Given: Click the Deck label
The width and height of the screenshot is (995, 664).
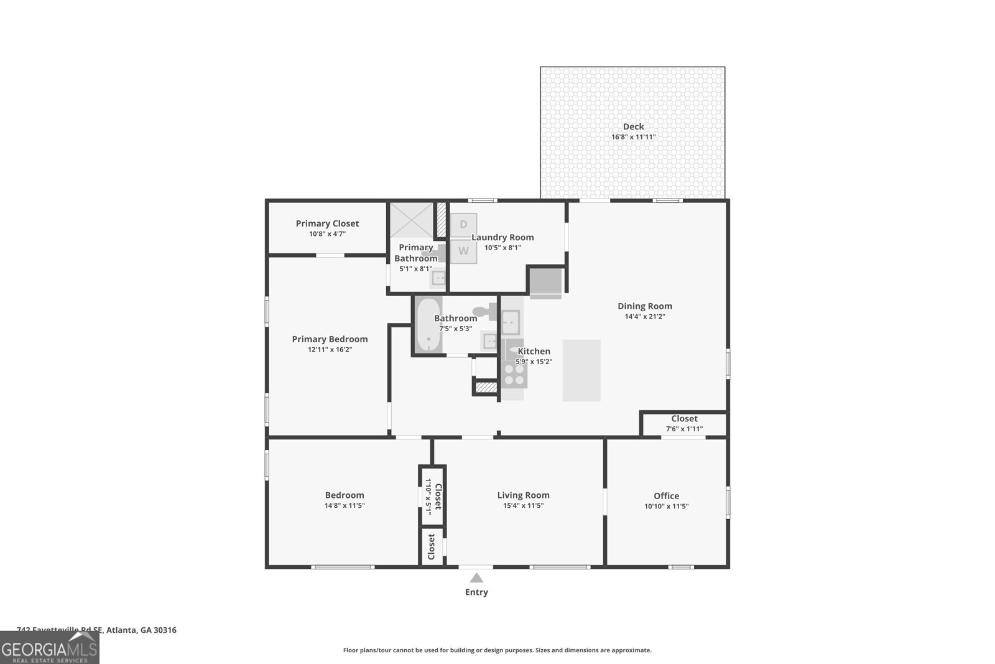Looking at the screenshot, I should coord(633,126).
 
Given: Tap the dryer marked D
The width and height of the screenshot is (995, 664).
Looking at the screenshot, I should coord(463,225).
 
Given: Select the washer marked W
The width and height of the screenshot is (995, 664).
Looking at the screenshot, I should coord(463,251).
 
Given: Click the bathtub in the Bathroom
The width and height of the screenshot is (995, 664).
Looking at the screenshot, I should coord(428,325).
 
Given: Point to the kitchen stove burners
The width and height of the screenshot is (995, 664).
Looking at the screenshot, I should coord(514,373).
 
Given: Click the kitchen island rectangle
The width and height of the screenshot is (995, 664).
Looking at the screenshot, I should coord(581,370).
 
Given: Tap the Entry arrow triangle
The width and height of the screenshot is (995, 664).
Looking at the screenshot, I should coord(476,578).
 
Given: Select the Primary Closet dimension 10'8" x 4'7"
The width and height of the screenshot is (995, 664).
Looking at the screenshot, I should coord(327,234).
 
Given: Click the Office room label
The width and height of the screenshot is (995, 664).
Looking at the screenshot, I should coord(666,495).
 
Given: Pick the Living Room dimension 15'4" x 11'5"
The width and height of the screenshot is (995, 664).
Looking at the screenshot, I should coord(523,506).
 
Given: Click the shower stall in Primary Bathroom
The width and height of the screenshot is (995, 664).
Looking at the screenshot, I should coord(411,220).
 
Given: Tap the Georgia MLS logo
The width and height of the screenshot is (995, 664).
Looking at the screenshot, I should coord(50,648).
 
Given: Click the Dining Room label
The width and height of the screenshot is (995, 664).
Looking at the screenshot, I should coord(644,306).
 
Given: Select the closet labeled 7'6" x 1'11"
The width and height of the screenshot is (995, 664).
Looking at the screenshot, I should coord(684,424).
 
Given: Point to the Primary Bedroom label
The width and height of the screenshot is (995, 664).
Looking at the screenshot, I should coord(330,339).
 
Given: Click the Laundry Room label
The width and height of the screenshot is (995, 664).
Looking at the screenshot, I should coord(502,237).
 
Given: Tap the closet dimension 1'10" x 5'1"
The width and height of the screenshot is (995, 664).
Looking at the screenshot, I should coord(428,496).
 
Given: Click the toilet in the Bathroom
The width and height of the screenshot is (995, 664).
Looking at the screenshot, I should coord(484,311).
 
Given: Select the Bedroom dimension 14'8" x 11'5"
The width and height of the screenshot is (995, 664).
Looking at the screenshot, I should coord(345,506).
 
